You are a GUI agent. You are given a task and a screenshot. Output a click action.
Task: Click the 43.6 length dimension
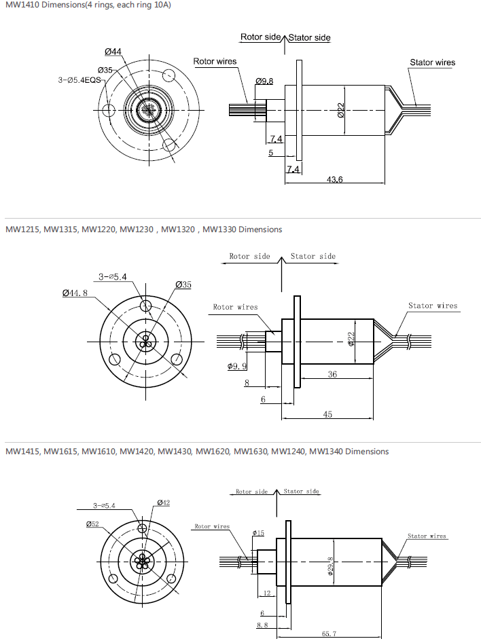pyautogui.click(x=334, y=179)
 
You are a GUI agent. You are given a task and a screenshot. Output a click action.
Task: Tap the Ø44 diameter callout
pyautogui.click(x=113, y=52)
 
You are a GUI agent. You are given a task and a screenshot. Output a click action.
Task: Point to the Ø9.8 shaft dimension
pyautogui.click(x=264, y=81)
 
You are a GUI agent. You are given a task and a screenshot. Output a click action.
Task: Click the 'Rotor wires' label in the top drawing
pyautogui.click(x=215, y=62)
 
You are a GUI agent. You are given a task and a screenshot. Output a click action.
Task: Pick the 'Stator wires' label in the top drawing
pyautogui.click(x=432, y=62)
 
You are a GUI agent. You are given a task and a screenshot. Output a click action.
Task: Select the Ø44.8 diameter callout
pyautogui.click(x=75, y=293)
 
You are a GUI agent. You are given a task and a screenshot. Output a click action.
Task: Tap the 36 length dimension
pyautogui.click(x=332, y=374)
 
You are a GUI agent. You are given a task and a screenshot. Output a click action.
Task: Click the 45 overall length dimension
pyautogui.click(x=327, y=414)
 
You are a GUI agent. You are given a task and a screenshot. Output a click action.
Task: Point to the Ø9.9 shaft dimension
pyautogui.click(x=237, y=366)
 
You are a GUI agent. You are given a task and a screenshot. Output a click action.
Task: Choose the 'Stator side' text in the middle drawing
pyautogui.click(x=313, y=256)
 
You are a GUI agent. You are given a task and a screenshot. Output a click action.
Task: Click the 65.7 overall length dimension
pyautogui.click(x=329, y=634)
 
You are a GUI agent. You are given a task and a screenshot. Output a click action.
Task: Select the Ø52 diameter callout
pyautogui.click(x=92, y=524)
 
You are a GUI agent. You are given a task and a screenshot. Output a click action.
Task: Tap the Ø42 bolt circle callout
pyautogui.click(x=163, y=502)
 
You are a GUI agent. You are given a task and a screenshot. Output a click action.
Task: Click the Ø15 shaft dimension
pyautogui.click(x=257, y=532)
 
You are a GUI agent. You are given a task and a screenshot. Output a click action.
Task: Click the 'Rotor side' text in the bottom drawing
pyautogui.click(x=252, y=492)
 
